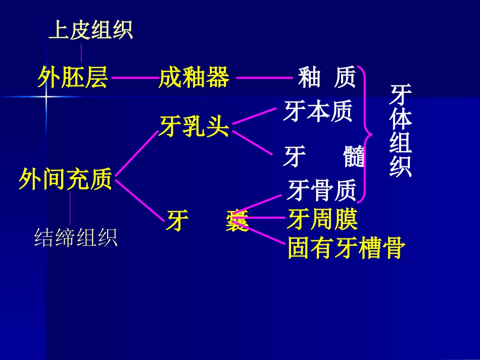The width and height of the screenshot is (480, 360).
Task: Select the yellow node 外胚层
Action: tap(73, 78)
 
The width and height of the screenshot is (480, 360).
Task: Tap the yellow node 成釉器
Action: tap(195, 78)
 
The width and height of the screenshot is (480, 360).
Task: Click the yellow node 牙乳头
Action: tap(195, 126)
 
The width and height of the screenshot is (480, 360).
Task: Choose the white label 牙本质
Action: tap(317, 112)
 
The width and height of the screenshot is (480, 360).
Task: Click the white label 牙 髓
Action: tap(324, 157)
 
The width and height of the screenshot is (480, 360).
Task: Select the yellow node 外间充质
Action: tap(65, 179)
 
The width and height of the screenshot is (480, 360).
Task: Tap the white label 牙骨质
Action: tap(322, 191)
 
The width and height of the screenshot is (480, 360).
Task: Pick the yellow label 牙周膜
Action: tap(322, 220)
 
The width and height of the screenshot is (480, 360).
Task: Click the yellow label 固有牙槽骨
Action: tap(346, 248)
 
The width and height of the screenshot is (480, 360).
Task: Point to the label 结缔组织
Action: tap(76, 237)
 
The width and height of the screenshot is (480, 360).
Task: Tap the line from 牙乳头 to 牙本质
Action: tap(255, 115)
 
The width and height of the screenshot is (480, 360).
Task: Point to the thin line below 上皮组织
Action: tap(81, 52)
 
